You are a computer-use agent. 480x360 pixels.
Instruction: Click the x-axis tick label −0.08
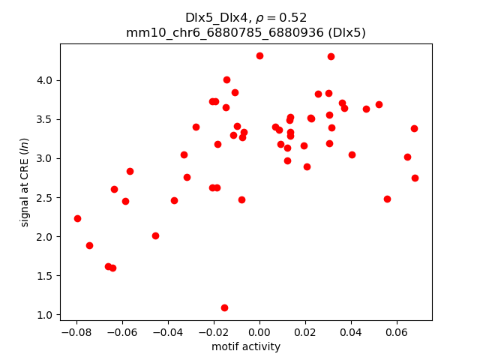click(76, 332)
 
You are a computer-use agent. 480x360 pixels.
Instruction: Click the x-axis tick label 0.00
click(259, 332)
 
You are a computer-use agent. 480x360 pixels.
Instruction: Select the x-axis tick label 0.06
click(397, 332)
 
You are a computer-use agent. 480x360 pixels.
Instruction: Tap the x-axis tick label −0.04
click(167, 332)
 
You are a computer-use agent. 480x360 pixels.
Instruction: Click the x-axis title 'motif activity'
click(246, 346)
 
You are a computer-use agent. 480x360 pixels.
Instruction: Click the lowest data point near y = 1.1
click(224, 307)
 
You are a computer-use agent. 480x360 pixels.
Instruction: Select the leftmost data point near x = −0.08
click(77, 218)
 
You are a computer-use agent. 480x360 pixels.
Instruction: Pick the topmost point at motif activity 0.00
click(259, 55)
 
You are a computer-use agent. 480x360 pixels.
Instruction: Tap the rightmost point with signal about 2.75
click(415, 178)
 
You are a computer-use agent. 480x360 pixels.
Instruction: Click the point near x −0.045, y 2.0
click(155, 235)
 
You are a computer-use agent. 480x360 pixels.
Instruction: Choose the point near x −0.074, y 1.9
click(89, 245)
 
